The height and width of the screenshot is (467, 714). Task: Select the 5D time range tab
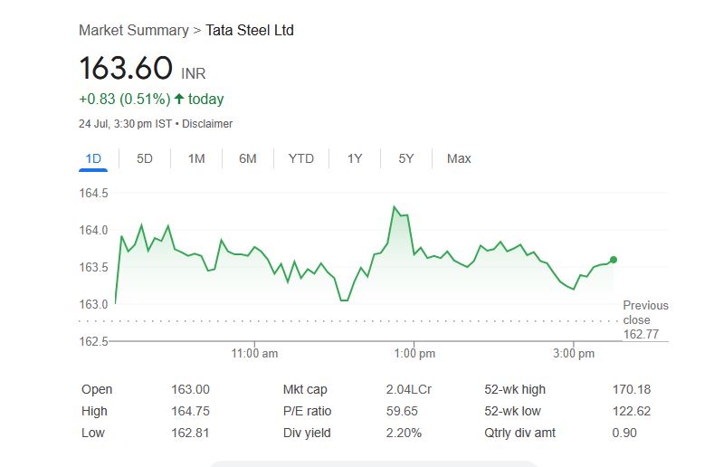pyautogui.click(x=145, y=158)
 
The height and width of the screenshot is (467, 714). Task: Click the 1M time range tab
pyautogui.click(x=196, y=158)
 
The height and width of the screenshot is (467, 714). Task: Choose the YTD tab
pyautogui.click(x=301, y=158)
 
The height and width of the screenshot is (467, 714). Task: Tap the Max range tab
pyautogui.click(x=459, y=158)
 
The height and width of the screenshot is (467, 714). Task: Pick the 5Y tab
pyautogui.click(x=406, y=158)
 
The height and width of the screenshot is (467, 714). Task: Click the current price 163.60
pyautogui.click(x=126, y=69)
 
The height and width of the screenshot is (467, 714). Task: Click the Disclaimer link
pyautogui.click(x=207, y=124)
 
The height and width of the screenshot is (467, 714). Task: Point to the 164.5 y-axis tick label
pyautogui.click(x=93, y=193)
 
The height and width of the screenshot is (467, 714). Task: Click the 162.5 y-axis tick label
pyautogui.click(x=93, y=341)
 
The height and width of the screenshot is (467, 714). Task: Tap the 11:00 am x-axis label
pyautogui.click(x=255, y=354)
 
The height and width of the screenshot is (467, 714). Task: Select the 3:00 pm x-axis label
pyautogui.click(x=574, y=354)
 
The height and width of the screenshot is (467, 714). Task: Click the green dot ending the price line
pyautogui.click(x=614, y=260)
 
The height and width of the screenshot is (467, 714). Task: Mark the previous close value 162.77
pyautogui.click(x=641, y=335)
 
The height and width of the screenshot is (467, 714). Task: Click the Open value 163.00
pyautogui.click(x=190, y=390)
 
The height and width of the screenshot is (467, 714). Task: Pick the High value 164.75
pyautogui.click(x=190, y=412)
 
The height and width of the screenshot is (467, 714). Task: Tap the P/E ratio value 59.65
pyautogui.click(x=403, y=412)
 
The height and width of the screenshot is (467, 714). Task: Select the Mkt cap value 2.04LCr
pyautogui.click(x=408, y=390)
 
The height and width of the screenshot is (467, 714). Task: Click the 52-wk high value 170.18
pyautogui.click(x=632, y=390)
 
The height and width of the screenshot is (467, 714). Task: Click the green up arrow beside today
pyautogui.click(x=179, y=100)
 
